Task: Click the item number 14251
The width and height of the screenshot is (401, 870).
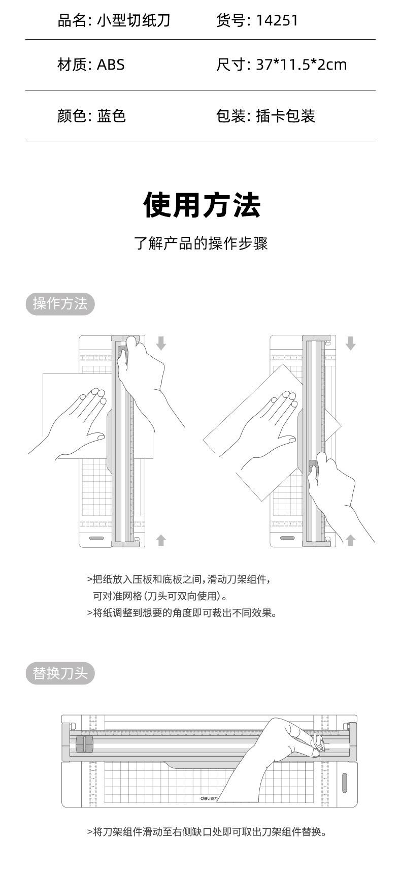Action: pos(277,21)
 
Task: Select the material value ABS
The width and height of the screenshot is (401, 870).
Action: pos(110,65)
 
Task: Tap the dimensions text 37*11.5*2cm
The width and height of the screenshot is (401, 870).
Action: pos(302,65)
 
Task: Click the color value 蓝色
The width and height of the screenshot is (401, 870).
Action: pos(111,116)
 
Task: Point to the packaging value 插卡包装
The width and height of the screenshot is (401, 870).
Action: pos(285,116)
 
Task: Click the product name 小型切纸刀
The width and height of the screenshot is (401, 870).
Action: pos(133,21)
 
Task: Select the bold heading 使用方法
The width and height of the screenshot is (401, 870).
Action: pos(202,205)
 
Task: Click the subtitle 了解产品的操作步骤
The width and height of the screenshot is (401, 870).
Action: pos(201,243)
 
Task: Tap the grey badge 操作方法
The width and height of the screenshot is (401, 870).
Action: pos(60,304)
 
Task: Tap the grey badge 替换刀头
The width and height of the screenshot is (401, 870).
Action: pos(60,673)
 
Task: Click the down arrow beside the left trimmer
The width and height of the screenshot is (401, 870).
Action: pos(161,344)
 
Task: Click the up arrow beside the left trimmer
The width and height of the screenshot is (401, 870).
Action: pos(161,540)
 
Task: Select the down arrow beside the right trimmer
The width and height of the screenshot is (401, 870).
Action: pos(350,344)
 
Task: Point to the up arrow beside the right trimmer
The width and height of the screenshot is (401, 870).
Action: pos(350,540)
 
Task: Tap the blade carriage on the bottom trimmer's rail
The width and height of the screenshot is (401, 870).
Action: pos(85,744)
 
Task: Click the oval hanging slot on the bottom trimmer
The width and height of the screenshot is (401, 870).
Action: pos(344,783)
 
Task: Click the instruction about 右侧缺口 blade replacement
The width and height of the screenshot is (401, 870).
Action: pos(207,832)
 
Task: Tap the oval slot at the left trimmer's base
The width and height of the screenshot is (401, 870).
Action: pos(96,538)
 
